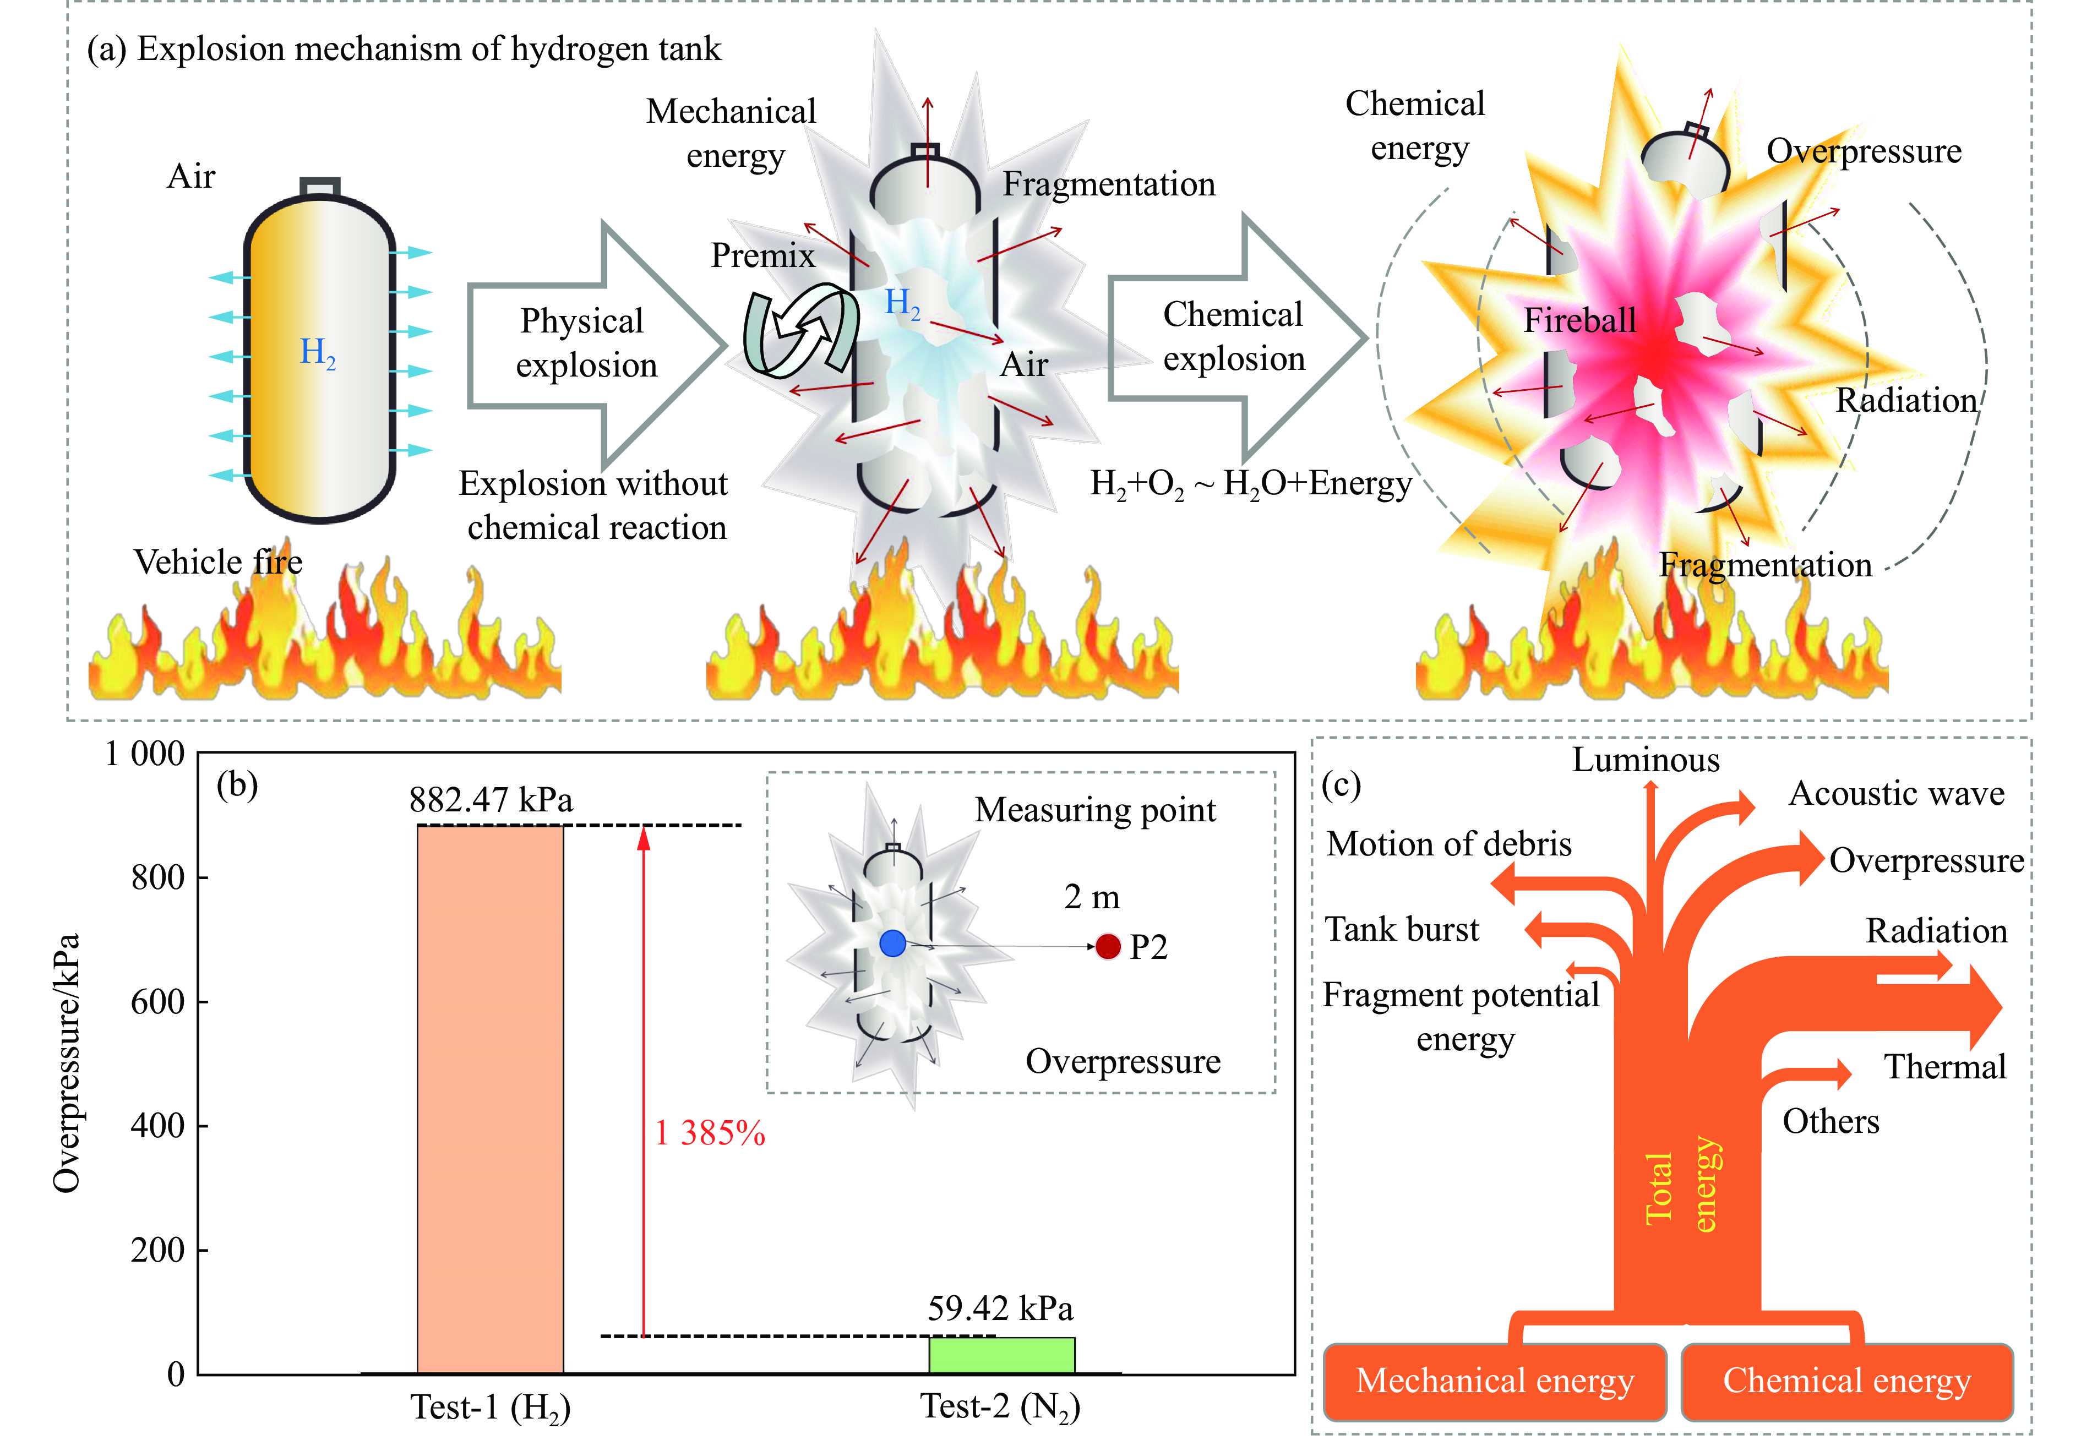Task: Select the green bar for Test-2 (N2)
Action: tap(1002, 1355)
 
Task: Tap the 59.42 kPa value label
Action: tap(1000, 1308)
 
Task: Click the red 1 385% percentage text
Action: tap(710, 1133)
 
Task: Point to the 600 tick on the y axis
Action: tap(158, 1001)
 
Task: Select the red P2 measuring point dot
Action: tap(1108, 946)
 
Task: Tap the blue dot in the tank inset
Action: tap(892, 943)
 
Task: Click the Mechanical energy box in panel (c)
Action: tap(1495, 1381)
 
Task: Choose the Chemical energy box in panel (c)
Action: tap(1846, 1381)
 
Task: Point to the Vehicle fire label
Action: tap(219, 562)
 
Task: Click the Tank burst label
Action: tap(1402, 929)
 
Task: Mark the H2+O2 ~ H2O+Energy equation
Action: tap(1250, 484)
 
